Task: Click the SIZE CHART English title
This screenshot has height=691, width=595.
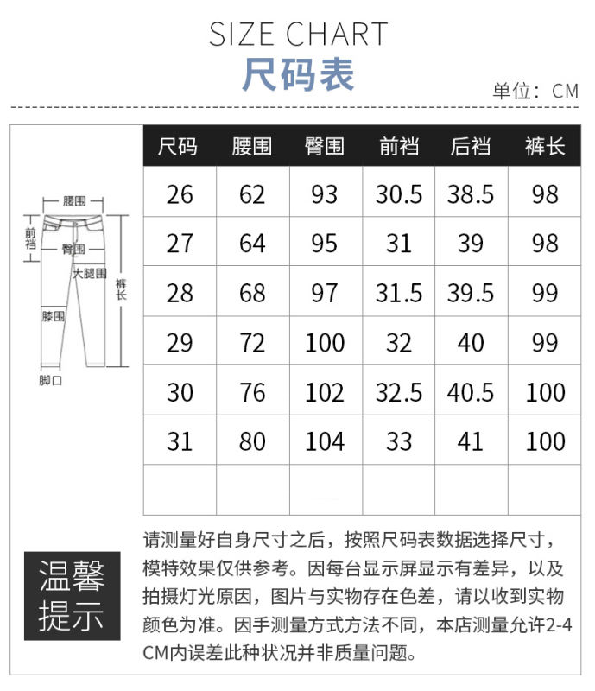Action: click(x=298, y=35)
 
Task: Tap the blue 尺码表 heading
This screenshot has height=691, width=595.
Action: click(x=298, y=74)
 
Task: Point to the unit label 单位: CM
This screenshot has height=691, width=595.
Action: click(x=535, y=92)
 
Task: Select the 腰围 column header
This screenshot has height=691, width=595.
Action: click(x=252, y=146)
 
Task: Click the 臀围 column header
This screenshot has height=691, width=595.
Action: click(x=325, y=146)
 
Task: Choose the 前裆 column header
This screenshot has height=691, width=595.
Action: click(x=399, y=146)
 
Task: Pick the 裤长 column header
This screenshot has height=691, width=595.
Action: click(x=545, y=146)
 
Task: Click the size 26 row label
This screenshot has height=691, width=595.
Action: click(x=180, y=194)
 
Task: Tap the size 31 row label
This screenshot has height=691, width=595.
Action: click(x=180, y=441)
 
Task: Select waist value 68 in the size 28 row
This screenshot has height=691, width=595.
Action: click(x=252, y=293)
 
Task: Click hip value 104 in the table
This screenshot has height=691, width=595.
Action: click(x=325, y=441)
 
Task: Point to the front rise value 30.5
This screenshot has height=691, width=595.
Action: click(x=399, y=194)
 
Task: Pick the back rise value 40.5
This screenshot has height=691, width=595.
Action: click(x=471, y=392)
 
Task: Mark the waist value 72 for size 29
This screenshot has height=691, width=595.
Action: click(x=252, y=343)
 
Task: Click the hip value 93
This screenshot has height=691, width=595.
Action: click(x=325, y=194)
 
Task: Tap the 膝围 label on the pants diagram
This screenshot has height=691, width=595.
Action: click(x=54, y=316)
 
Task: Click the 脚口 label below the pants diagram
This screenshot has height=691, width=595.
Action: click(x=51, y=380)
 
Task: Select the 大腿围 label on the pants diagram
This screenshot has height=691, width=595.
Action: click(x=90, y=273)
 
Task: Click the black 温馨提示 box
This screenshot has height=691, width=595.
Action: click(x=73, y=595)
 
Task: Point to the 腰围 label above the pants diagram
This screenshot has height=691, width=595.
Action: click(x=74, y=201)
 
